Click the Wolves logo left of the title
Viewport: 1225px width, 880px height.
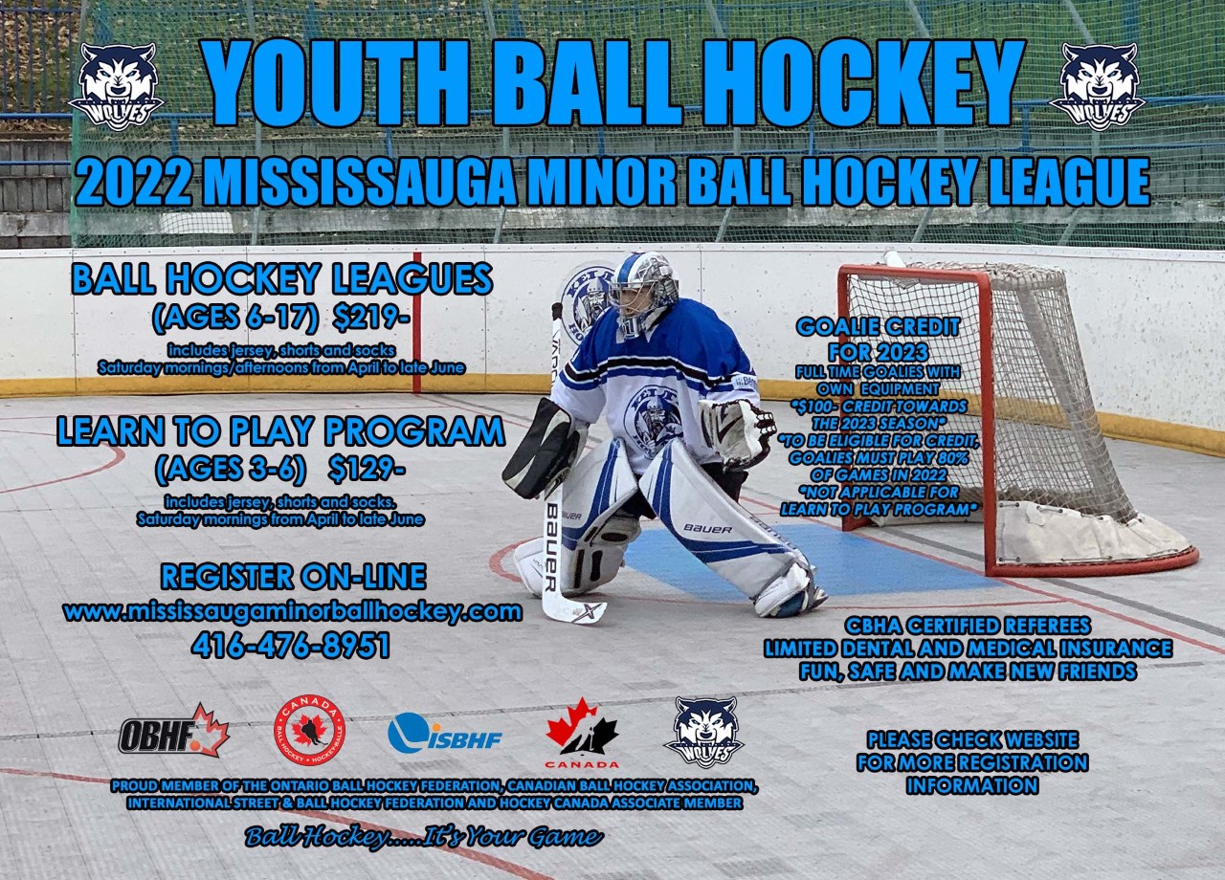[116, 87]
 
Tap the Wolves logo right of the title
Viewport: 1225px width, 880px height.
[1097, 87]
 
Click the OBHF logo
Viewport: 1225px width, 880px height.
[173, 732]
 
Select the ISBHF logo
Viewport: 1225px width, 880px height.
[444, 734]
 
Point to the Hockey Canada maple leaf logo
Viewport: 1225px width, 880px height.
[581, 733]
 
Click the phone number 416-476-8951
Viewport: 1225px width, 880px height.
[291, 646]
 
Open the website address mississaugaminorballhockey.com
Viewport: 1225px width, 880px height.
[293, 611]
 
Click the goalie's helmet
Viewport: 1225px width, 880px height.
[643, 294]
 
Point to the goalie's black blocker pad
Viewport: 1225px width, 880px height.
[542, 450]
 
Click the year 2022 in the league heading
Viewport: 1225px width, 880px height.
[134, 182]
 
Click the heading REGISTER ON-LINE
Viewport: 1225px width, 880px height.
[293, 577]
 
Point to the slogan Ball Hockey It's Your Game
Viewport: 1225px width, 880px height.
[424, 837]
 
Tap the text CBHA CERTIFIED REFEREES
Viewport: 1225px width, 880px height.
[968, 626]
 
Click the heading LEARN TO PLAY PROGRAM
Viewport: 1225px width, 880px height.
[280, 431]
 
